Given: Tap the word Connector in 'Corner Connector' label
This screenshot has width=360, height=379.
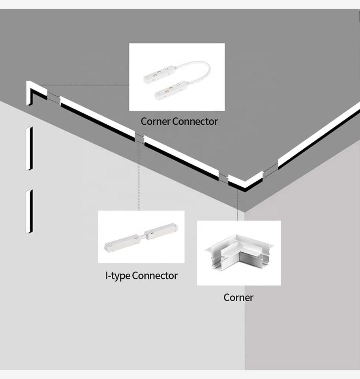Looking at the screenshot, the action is (x=195, y=121).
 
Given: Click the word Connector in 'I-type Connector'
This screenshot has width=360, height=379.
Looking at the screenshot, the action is (x=155, y=276).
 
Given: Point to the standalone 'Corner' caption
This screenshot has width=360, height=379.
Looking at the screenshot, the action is (x=238, y=297).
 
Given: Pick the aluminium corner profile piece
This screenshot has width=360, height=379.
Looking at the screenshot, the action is (x=238, y=253).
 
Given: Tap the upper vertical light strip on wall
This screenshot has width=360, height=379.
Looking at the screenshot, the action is (x=29, y=148).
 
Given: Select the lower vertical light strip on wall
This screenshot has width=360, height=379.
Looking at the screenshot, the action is (x=29, y=212).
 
